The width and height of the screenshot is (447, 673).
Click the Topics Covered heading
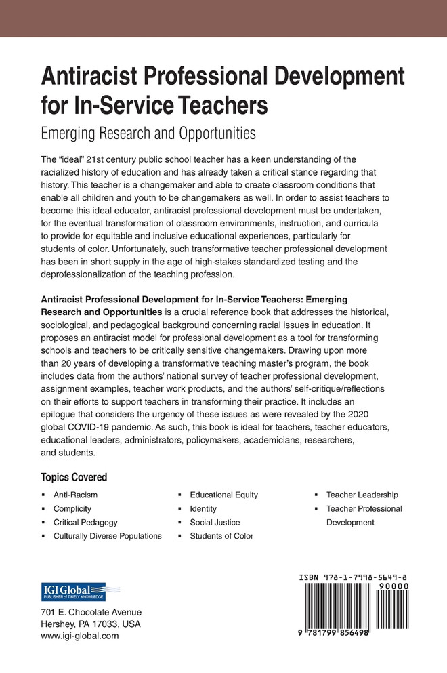(x=74, y=476)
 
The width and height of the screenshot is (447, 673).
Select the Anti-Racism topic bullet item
(x=75, y=495)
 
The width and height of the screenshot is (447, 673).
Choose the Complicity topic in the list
(x=72, y=508)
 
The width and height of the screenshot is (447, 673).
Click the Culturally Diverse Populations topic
(x=107, y=535)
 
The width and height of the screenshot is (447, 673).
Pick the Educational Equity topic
(x=223, y=495)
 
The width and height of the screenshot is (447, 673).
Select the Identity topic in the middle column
(x=203, y=508)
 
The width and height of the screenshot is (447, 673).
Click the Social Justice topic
(x=215, y=522)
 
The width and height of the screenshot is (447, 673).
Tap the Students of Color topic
(x=221, y=535)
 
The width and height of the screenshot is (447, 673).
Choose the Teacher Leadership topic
(x=362, y=495)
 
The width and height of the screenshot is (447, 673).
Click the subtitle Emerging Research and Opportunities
(x=148, y=133)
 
